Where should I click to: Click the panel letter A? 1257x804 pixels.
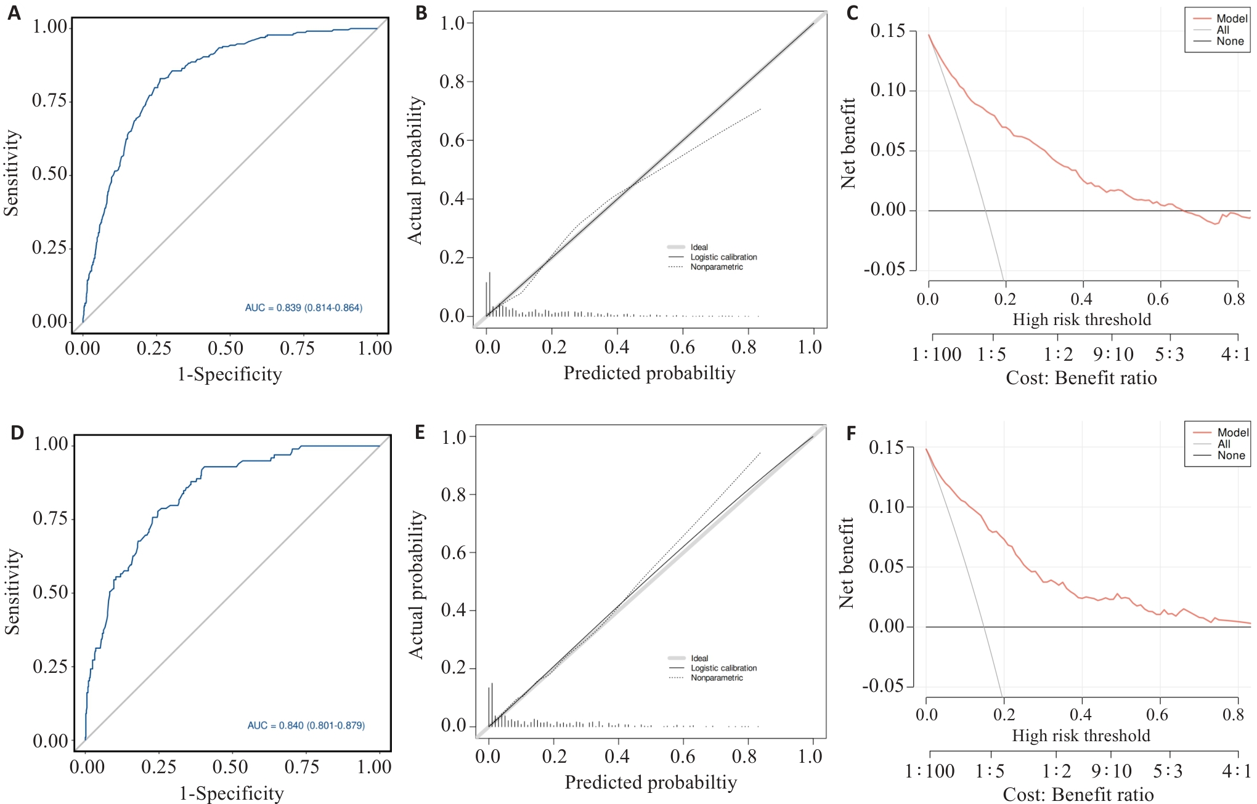(14, 13)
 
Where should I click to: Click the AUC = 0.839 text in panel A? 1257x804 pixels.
(304, 308)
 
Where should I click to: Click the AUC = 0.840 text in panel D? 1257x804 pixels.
(306, 726)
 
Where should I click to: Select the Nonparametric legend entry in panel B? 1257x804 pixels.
(716, 267)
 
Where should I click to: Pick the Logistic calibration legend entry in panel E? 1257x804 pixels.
(723, 668)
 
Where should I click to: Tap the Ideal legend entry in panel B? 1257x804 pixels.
(699, 247)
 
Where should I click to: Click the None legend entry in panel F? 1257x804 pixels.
(1231, 456)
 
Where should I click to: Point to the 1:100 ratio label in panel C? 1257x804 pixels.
(937, 355)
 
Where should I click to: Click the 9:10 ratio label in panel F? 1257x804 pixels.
(1112, 771)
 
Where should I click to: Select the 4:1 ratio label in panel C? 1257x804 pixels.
(1235, 355)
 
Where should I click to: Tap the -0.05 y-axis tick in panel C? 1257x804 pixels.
(884, 269)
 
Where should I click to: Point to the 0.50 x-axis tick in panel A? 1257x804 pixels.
(226, 348)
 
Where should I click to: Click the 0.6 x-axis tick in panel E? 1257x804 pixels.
(683, 757)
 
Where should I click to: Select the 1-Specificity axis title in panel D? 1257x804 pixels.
(232, 794)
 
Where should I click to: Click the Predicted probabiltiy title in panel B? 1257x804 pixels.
(649, 373)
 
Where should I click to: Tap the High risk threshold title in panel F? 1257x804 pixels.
(1081, 736)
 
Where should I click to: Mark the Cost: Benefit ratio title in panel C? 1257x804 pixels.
(1081, 378)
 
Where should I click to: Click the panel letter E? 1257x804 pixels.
(420, 432)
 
